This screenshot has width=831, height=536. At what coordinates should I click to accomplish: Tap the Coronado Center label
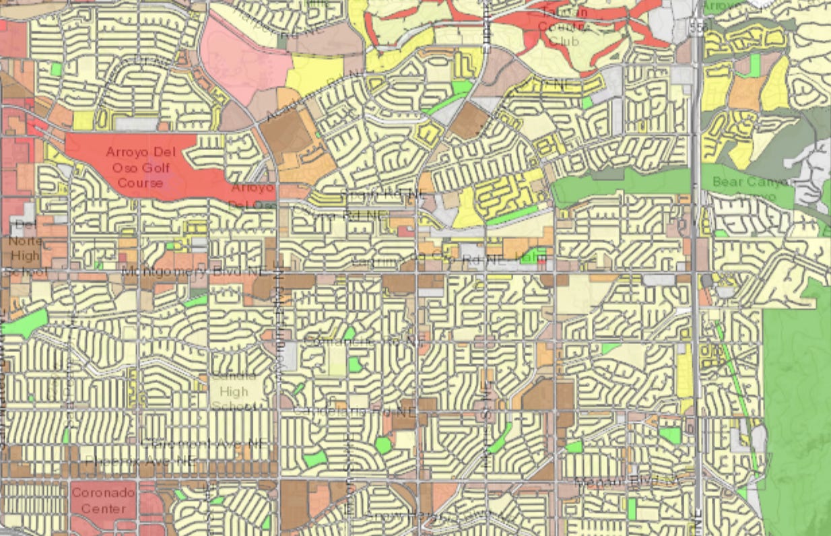click(103, 500)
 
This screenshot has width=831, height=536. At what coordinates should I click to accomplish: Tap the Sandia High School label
click(233, 391)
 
